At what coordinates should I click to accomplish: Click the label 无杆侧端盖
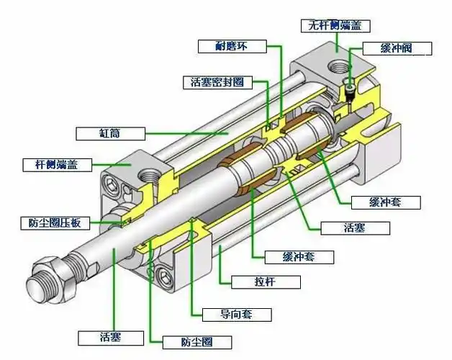click(x=335, y=25)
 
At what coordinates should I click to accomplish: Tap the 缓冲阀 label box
click(x=397, y=49)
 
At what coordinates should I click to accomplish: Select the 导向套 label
click(x=226, y=314)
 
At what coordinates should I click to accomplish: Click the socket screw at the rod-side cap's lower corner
click(x=163, y=274)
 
